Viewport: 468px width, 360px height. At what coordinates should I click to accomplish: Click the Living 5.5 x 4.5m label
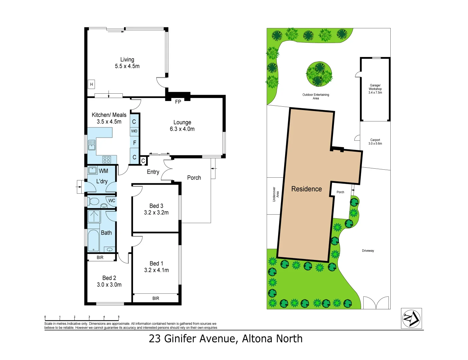[127, 63]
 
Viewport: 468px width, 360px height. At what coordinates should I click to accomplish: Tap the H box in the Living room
[91, 84]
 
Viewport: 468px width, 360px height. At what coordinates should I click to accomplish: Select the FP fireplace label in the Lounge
[178, 102]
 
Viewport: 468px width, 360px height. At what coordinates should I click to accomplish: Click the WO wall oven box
[134, 131]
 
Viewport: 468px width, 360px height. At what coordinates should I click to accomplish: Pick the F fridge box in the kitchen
[134, 143]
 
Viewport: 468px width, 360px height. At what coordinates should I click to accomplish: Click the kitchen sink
[92, 145]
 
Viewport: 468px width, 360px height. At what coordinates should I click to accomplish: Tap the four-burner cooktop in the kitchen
[107, 159]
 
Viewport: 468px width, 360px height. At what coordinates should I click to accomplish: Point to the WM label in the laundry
[103, 171]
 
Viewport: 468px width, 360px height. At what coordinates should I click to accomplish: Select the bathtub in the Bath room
[94, 240]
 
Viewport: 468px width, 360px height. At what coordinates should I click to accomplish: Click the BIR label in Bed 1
[156, 298]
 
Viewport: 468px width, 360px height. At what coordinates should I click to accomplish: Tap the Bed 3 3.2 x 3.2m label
[156, 209]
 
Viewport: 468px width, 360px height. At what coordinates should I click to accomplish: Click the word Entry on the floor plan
[153, 172]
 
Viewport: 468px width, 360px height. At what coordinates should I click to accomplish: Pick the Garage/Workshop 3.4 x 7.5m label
[375, 89]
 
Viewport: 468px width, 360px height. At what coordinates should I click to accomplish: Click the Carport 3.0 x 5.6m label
[375, 142]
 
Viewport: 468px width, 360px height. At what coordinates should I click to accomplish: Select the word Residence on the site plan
[306, 189]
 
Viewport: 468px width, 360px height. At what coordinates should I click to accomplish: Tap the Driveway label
[368, 251]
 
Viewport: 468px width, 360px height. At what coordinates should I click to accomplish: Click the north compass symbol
[411, 318]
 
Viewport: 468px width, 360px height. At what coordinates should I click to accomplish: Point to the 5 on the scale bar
[118, 317]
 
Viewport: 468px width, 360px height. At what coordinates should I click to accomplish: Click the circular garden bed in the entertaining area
[319, 74]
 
